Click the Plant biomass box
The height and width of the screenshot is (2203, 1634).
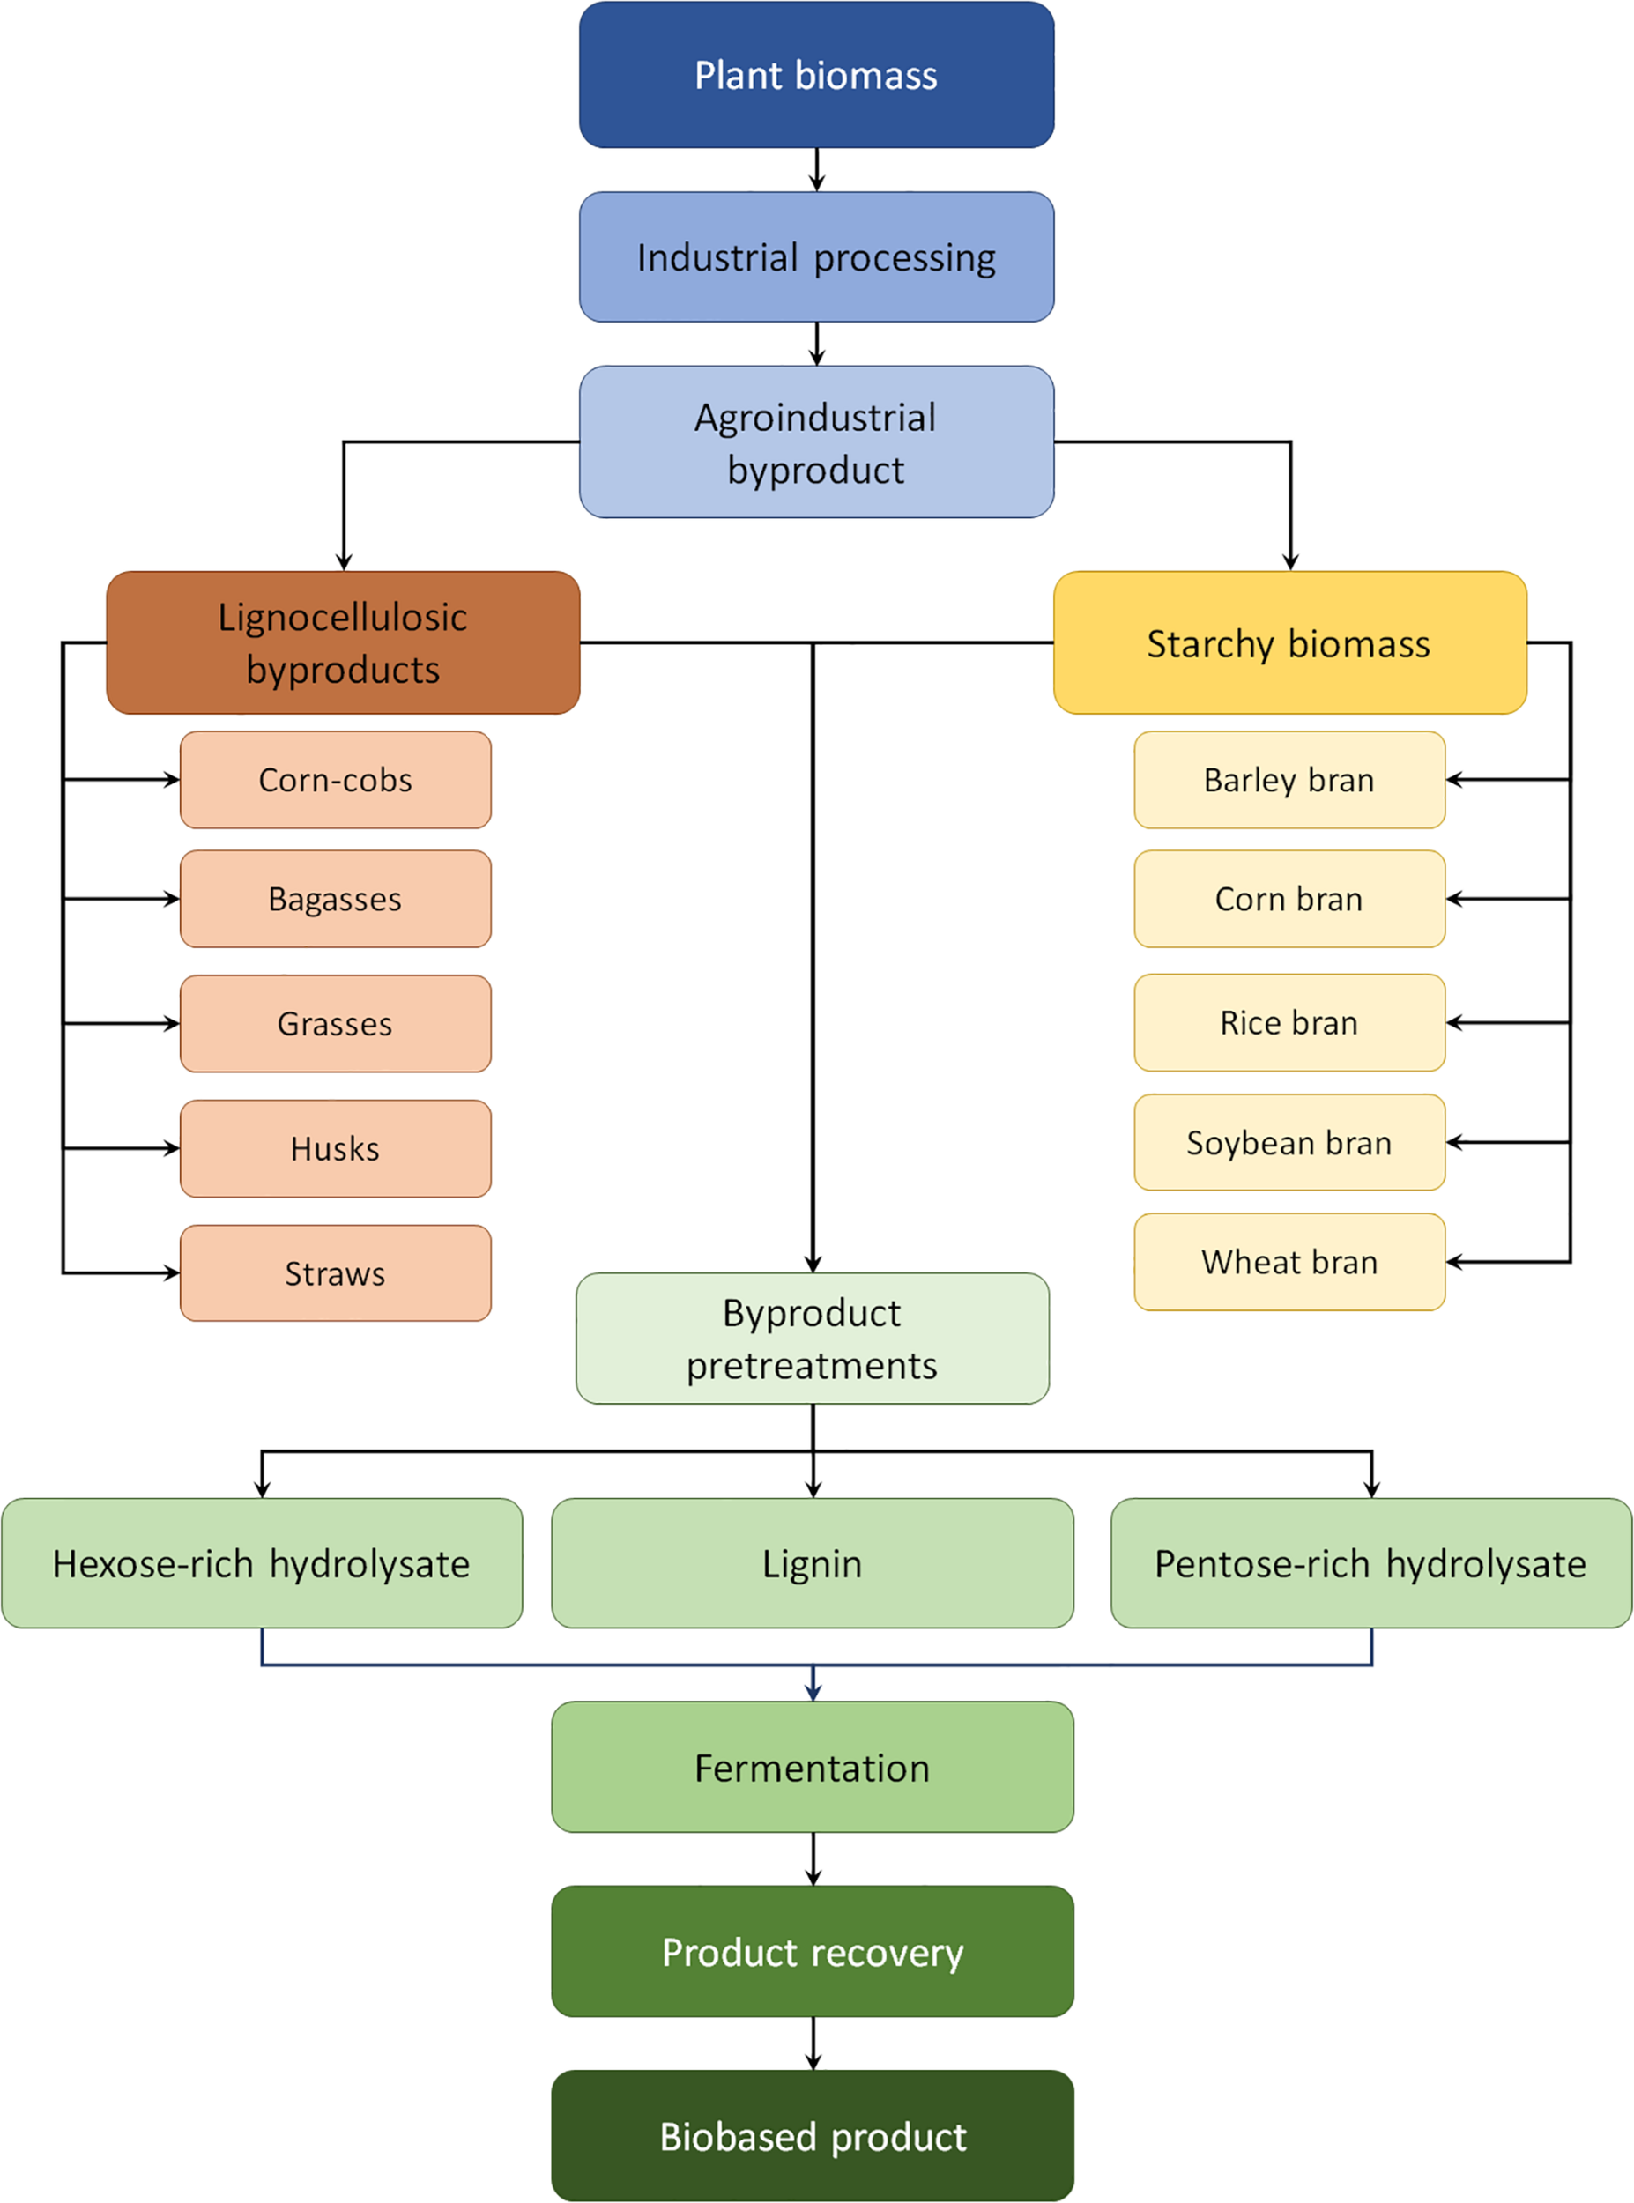[x=816, y=75]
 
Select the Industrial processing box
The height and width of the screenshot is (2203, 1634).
[x=816, y=257]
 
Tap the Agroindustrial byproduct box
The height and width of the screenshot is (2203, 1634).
[x=816, y=442]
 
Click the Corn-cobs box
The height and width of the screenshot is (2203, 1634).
[x=335, y=780]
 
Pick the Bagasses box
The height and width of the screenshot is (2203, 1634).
[x=335, y=899]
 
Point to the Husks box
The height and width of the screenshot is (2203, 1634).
[x=335, y=1149]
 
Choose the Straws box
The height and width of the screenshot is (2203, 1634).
[x=335, y=1273]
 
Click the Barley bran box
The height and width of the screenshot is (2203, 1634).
[x=1289, y=780]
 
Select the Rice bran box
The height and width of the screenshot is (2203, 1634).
[x=1289, y=1022]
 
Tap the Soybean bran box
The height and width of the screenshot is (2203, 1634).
[x=1289, y=1142]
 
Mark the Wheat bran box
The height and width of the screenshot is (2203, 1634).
[x=1289, y=1262]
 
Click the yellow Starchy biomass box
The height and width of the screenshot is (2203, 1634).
[x=1289, y=643]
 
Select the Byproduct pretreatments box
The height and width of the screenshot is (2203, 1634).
[x=812, y=1338]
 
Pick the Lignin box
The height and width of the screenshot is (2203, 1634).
[x=812, y=1563]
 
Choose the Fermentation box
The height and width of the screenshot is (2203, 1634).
[x=812, y=1767]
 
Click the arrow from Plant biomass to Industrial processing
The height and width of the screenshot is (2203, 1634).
[x=816, y=170]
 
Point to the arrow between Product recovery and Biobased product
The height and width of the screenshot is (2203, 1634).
[x=813, y=2043]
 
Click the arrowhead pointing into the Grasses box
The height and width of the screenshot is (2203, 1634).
[x=172, y=1023]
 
